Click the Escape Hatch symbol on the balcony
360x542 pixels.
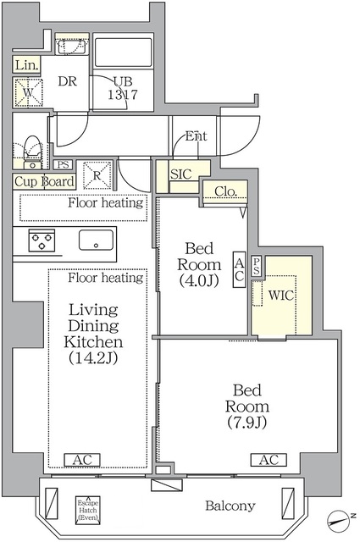pyautogui.click(x=87, y=508)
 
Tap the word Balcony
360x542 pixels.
pyautogui.click(x=230, y=506)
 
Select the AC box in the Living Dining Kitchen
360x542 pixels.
pyautogui.click(x=83, y=460)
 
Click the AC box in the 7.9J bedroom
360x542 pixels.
pyautogui.click(x=268, y=460)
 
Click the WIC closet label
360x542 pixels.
pyautogui.click(x=281, y=296)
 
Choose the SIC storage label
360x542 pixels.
pyautogui.click(x=181, y=174)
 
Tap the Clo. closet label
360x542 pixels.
pyautogui.click(x=224, y=191)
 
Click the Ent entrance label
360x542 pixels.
pyautogui.click(x=196, y=136)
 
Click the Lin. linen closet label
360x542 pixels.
pyautogui.click(x=25, y=64)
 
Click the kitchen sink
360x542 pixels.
pyautogui.click(x=97, y=240)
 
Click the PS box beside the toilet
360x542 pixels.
pyautogui.click(x=64, y=165)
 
